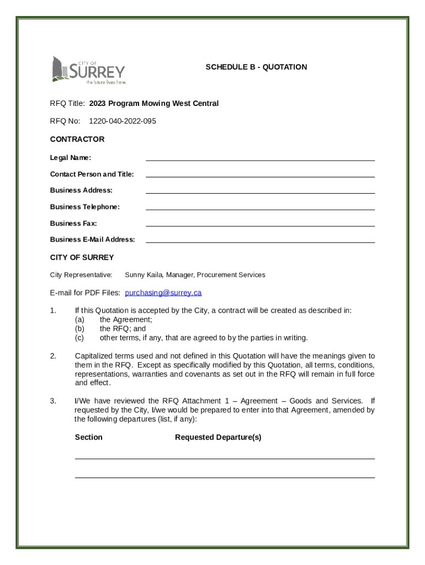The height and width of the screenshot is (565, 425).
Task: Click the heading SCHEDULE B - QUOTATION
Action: point(256,67)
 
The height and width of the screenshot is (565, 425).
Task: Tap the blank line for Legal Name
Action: point(260,158)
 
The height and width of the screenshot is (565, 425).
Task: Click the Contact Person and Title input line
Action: point(260,175)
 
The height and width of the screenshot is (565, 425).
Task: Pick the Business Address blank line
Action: point(260,191)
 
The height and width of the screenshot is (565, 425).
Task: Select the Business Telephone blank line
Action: point(260,207)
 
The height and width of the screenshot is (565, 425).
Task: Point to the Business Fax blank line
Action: point(260,224)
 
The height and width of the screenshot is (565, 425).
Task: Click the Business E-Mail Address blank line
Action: point(260,240)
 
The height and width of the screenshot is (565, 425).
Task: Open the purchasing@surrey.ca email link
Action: point(163,292)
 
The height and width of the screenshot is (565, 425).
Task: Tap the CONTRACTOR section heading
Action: point(77,139)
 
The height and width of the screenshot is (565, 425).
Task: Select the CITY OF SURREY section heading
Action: point(82,257)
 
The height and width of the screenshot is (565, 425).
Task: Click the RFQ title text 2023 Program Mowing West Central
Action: point(154,103)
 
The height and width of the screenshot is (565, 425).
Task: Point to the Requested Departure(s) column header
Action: point(218,438)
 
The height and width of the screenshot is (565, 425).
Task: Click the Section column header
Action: point(88,438)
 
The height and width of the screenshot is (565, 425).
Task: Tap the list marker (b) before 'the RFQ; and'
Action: point(79,329)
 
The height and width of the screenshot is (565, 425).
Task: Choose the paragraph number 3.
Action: point(53,401)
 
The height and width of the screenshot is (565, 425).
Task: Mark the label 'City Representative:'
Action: point(81,275)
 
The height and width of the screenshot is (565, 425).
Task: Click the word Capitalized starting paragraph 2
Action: point(93,356)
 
